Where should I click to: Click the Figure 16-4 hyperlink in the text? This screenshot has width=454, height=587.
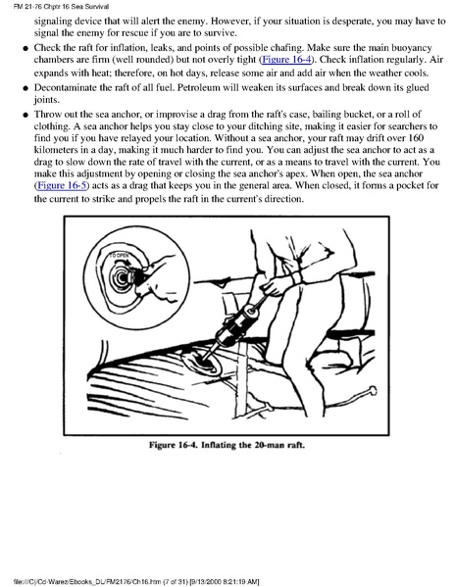coord(287,60)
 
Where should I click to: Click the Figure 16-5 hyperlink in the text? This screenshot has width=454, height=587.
coord(62,185)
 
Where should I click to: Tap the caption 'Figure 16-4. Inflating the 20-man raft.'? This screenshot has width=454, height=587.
coord(227,445)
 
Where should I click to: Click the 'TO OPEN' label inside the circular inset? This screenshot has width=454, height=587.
coord(119,256)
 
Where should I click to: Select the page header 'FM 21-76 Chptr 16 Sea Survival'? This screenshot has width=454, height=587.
coord(61,6)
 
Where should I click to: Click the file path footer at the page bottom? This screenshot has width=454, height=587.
coord(136,581)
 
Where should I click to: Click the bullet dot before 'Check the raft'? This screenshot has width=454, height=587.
coord(25,48)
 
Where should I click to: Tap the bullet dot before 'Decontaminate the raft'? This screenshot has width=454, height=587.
coord(25,88)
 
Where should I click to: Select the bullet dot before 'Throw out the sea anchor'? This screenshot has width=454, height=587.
coord(25,115)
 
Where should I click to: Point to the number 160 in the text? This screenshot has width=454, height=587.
coord(416,138)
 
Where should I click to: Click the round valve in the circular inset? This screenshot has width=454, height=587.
coord(122,277)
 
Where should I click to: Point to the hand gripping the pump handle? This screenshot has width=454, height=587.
coord(273,285)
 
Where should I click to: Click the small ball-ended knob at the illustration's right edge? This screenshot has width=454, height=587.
coord(372,390)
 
